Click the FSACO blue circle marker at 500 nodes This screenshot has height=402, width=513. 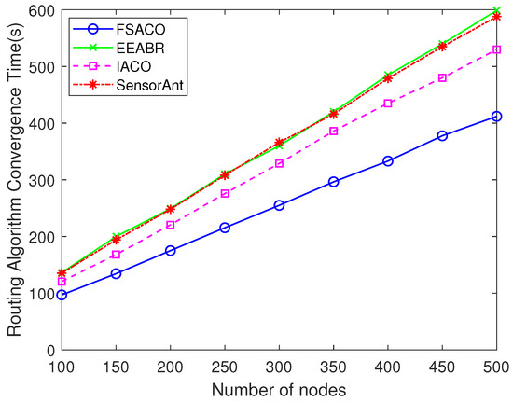[496, 117]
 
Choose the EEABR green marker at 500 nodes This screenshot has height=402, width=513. [496, 10]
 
